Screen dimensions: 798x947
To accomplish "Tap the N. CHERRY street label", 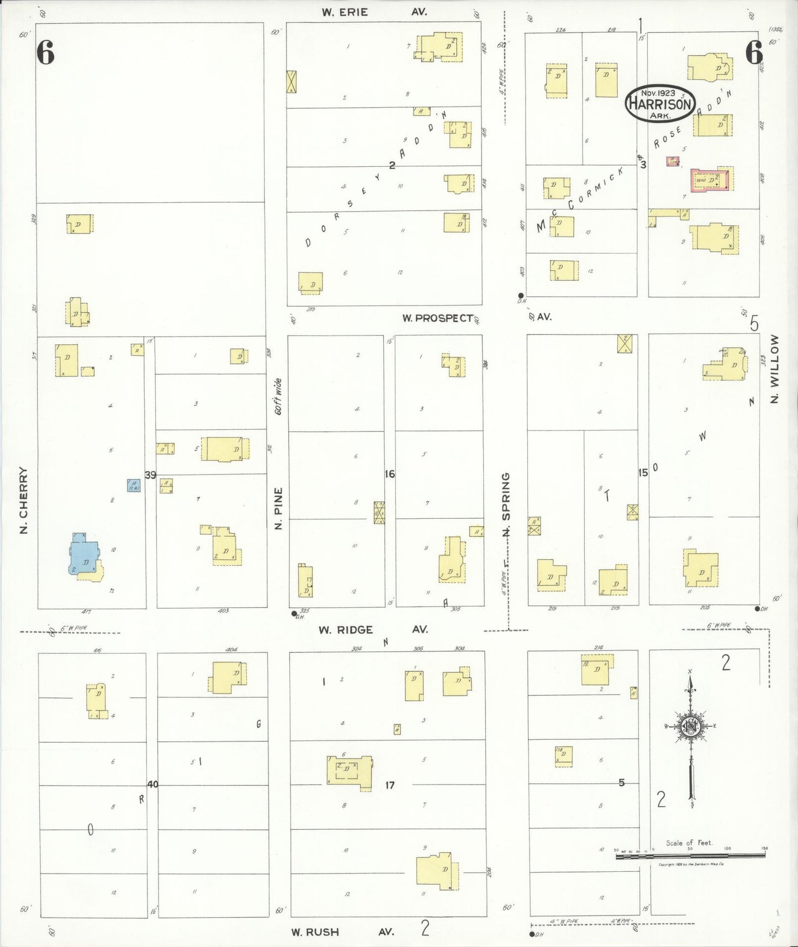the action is (x=24, y=500).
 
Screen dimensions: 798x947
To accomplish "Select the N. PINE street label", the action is (x=278, y=508).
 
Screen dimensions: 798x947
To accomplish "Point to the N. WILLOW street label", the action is (x=774, y=369).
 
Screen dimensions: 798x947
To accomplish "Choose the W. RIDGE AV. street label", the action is (x=373, y=629).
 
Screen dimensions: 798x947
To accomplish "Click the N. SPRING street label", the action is (x=506, y=504).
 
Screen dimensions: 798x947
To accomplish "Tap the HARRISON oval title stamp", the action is (x=660, y=103).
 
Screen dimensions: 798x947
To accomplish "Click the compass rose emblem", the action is (x=691, y=727).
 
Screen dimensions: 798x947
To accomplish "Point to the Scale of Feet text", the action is (x=689, y=843).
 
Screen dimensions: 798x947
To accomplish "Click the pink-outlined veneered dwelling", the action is (x=712, y=180).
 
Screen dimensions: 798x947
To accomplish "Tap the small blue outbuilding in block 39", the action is (x=134, y=485).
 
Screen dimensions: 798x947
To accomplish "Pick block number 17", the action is (x=390, y=785).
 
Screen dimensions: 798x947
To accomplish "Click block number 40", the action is (x=152, y=783).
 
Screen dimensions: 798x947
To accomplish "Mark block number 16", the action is (x=390, y=474).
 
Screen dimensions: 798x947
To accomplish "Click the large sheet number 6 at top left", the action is (x=46, y=53).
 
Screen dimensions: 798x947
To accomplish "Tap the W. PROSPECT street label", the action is (x=437, y=318).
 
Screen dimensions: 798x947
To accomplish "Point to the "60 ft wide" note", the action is (x=279, y=396).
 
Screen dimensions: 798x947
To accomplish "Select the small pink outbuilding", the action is (x=673, y=161).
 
